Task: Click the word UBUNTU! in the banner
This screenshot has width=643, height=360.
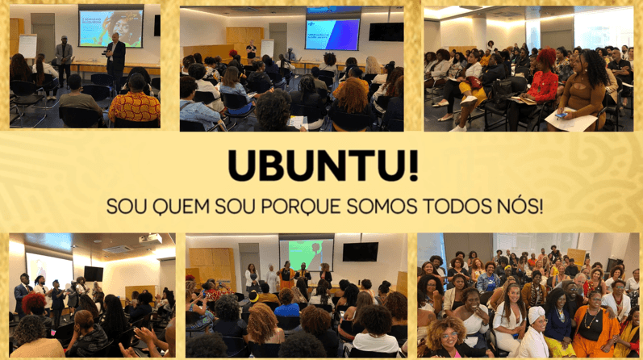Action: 324,165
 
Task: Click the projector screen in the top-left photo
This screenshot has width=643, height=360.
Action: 111,27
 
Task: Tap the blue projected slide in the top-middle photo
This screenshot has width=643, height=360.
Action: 332,35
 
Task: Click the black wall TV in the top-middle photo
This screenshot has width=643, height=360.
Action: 386,32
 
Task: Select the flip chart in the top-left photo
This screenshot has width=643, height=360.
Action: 27,46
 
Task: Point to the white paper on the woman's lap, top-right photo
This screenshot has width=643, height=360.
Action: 571,119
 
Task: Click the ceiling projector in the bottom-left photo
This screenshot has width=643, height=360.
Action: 150,239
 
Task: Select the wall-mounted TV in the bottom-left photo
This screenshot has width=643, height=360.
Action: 94,274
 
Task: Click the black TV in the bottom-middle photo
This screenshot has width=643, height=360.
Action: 361,252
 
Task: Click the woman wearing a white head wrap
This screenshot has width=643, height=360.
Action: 534,333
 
